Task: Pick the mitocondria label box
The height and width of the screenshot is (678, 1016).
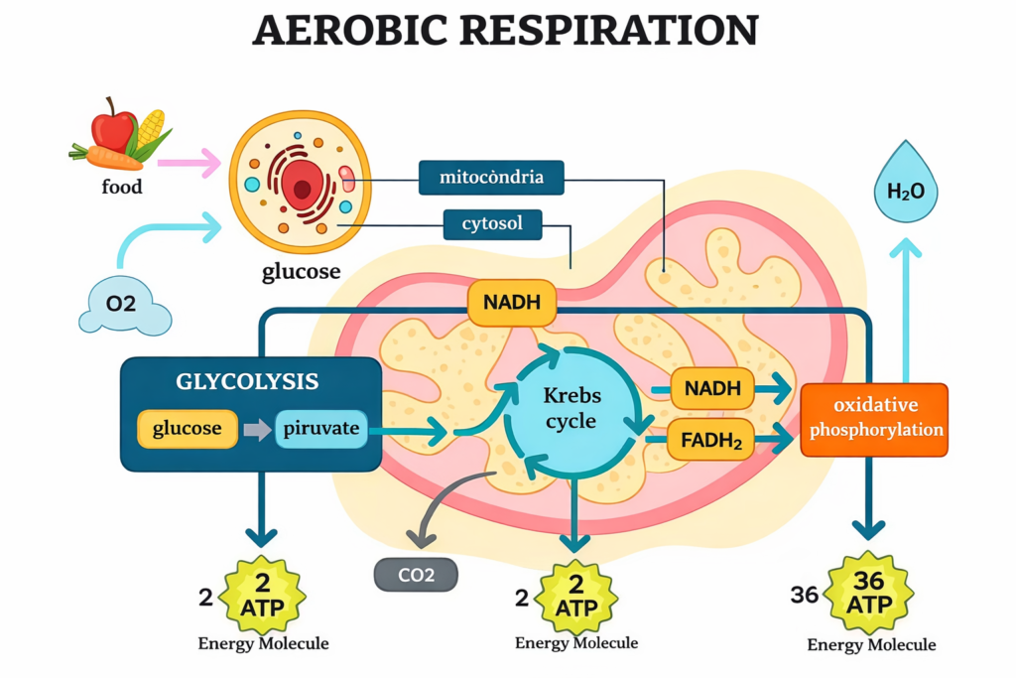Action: point(491,178)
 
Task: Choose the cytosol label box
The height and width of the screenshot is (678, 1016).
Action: point(492,224)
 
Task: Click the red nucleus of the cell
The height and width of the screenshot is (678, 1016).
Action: point(301,184)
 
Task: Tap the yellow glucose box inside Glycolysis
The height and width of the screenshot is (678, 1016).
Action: point(189,429)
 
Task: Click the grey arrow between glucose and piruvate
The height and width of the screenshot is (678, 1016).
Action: point(256,429)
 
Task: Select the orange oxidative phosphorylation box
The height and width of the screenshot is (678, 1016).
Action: point(873,419)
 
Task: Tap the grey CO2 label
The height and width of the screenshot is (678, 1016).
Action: point(416,574)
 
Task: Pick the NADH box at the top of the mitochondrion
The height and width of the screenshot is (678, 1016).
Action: point(511,302)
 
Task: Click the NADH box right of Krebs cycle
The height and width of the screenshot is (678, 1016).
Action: point(711,388)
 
